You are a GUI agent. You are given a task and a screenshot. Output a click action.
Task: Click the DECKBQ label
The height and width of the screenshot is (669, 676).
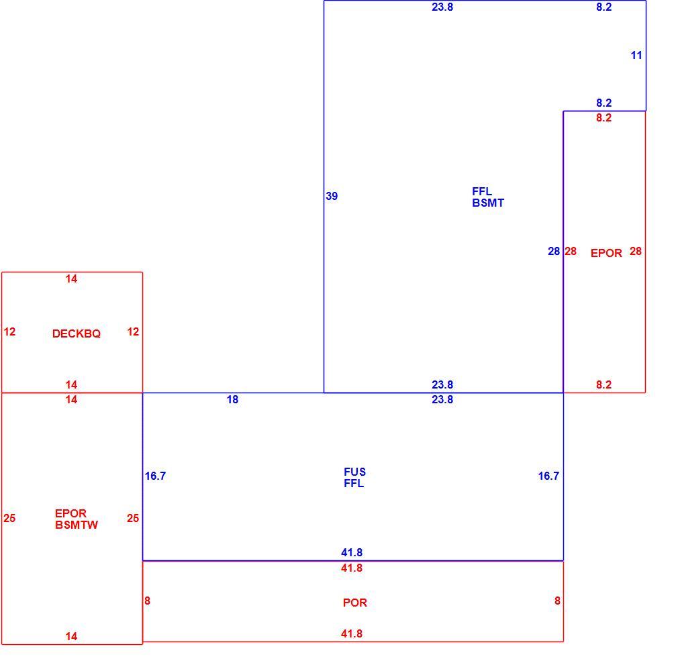tap(77, 333)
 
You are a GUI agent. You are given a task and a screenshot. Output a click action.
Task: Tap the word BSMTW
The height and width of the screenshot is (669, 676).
tap(77, 525)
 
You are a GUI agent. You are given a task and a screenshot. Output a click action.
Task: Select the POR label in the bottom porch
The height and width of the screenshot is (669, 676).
tap(355, 603)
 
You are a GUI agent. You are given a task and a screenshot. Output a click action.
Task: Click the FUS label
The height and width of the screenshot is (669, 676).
tap(355, 472)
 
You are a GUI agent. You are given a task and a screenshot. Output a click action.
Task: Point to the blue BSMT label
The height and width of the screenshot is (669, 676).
tap(488, 203)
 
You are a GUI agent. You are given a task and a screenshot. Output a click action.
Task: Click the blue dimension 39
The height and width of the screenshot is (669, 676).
tap(332, 196)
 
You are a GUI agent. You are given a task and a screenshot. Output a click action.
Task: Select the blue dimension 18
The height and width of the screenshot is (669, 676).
tap(232, 400)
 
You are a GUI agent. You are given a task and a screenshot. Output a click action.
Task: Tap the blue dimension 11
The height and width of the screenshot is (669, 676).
tap(636, 55)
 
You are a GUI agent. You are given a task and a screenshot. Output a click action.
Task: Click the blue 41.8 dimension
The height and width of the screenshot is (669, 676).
tap(352, 552)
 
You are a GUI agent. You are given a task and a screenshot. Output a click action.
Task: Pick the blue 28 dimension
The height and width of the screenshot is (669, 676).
tap(554, 252)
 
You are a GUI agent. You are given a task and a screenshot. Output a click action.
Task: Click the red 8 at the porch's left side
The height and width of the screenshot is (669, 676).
tap(148, 601)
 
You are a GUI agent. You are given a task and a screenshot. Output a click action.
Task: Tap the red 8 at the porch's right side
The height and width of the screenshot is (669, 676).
tap(557, 601)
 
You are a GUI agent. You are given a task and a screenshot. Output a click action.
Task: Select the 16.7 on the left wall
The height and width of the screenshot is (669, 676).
tap(155, 476)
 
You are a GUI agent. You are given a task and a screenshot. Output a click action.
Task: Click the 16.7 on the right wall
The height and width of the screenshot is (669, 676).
tap(548, 476)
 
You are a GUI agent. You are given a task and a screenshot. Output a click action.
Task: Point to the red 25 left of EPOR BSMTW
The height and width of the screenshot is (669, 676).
tap(9, 518)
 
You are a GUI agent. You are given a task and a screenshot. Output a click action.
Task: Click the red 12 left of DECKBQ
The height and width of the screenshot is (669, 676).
tap(9, 332)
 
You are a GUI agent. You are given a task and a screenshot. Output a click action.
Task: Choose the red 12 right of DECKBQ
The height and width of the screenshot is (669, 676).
tap(133, 332)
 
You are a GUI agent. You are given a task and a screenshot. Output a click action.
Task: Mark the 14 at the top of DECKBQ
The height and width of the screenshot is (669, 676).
tap(72, 279)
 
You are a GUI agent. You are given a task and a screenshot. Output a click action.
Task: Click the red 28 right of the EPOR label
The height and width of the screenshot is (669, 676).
tap(636, 252)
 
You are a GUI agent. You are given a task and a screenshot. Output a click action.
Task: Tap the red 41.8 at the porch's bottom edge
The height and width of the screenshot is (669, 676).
tap(352, 633)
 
